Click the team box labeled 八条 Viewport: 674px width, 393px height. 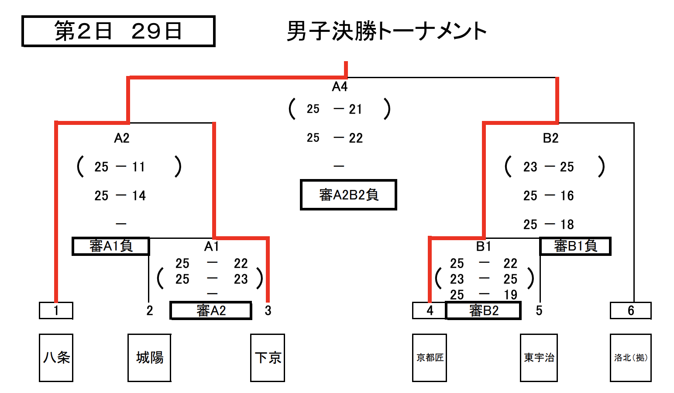coord(56,358)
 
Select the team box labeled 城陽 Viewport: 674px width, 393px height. coord(149,358)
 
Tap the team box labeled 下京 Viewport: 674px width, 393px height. coord(268,358)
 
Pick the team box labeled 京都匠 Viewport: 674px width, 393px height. coord(430,358)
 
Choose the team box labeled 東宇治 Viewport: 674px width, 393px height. coord(539,358)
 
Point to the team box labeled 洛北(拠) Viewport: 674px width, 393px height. coord(630,358)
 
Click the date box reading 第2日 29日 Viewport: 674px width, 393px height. coord(118,31)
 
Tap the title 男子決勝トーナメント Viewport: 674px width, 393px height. coord(386,31)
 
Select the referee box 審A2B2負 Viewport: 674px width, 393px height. coord(348,195)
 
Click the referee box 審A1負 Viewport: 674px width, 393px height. coord(111,246)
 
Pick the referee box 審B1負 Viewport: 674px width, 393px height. coord(575,246)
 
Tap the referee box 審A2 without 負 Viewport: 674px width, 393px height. coord(211,310)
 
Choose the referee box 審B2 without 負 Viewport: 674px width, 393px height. coord(483,310)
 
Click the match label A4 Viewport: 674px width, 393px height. coord(340,86)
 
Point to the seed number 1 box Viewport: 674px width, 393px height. coord(56,310)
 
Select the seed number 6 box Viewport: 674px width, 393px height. coord(630,310)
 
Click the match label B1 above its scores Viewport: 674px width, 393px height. coord(484,246)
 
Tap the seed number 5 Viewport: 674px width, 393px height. coord(539,310)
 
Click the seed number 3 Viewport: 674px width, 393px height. coord(268,310)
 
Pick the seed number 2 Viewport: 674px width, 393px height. coord(150,310)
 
